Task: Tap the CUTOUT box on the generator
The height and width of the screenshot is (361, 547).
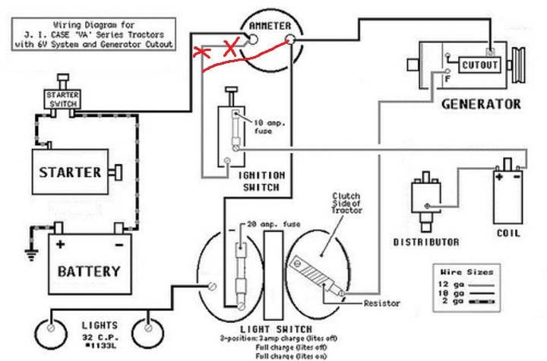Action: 479,65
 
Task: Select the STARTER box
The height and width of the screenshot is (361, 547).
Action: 69,172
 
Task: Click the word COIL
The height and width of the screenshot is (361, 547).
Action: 508,233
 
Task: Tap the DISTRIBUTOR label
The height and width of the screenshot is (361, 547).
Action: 425,242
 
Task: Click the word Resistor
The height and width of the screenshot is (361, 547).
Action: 382,302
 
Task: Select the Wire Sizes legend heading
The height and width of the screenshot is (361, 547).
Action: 466,271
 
